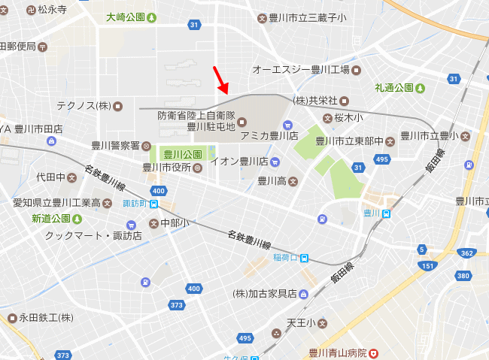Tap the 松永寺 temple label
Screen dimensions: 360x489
[52, 11]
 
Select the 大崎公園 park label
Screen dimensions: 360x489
[131, 17]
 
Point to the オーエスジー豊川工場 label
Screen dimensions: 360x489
[301, 70]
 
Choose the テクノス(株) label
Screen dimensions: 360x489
[84, 106]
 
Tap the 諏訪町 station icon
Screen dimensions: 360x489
[153, 203]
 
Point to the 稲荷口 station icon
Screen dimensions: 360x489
[304, 258]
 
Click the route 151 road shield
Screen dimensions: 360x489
[427, 266]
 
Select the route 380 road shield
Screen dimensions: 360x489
[463, 276]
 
